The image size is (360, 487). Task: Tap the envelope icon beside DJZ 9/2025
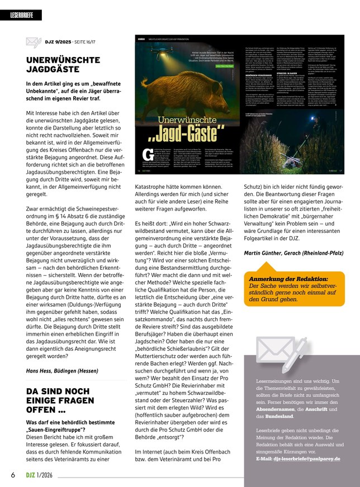34,42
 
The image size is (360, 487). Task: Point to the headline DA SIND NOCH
58,391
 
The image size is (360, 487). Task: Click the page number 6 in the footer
12,475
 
